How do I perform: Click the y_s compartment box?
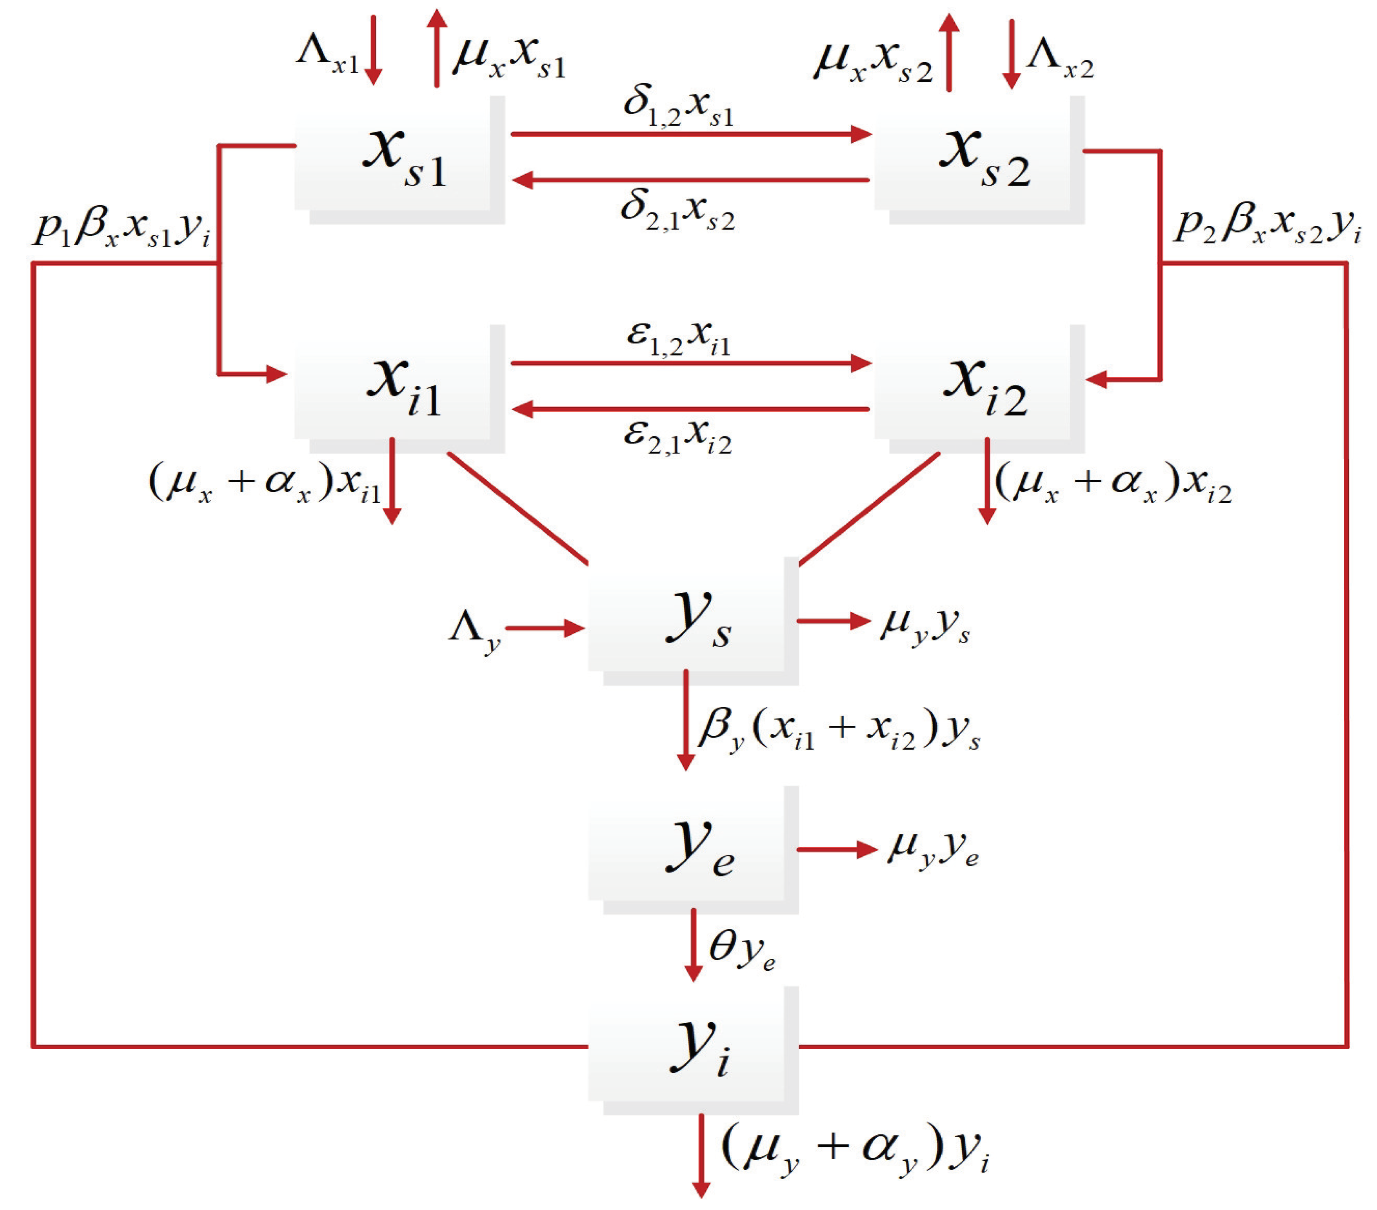[x=693, y=621]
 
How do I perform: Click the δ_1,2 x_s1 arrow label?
[x=678, y=108]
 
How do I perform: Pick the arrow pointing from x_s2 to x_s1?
[x=691, y=180]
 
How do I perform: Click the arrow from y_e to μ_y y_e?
[x=836, y=849]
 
